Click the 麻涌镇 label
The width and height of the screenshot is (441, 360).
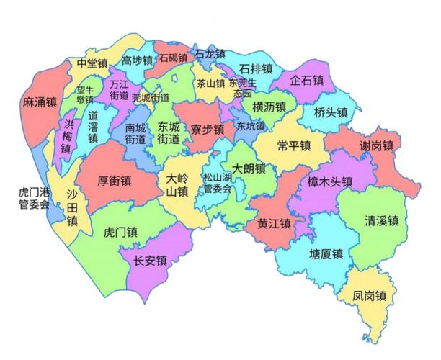coord(40,102)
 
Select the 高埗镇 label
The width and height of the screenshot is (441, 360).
coord(137,61)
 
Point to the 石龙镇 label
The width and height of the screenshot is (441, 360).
coord(210,54)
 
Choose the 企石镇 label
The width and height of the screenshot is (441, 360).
coord(307,81)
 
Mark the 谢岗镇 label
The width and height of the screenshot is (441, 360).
coord(377,146)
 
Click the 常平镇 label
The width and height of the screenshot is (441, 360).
coord(293,145)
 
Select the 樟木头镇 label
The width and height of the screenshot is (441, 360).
coord(329,181)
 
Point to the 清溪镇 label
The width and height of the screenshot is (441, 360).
coord(382,220)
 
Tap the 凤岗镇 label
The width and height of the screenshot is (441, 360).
coord(370,295)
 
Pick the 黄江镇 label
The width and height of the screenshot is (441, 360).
coord(274,223)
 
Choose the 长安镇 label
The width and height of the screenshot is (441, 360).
coord(151,261)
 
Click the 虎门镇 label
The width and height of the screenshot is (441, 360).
coord(121,232)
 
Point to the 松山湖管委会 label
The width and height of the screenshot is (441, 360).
coord(217,184)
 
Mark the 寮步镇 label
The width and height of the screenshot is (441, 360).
coord(207,130)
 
